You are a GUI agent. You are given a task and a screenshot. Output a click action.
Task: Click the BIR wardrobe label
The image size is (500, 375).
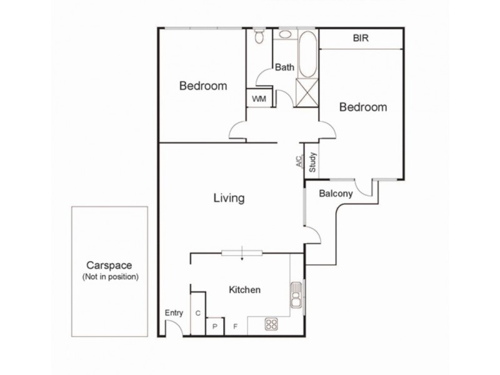361,38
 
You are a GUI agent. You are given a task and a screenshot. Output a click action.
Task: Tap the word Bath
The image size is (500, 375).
285,67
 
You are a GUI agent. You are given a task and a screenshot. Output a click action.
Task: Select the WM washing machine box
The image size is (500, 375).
258,99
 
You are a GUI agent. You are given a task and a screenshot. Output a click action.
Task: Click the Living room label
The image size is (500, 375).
228,199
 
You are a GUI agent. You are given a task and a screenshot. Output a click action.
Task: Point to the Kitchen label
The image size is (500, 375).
244,290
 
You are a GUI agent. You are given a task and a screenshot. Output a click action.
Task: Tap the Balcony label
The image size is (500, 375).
336,194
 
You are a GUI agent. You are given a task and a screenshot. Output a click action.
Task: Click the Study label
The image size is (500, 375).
313,162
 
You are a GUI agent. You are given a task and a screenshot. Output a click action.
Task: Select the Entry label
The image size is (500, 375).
174,313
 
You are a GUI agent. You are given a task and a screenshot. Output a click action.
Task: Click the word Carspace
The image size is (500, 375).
110,265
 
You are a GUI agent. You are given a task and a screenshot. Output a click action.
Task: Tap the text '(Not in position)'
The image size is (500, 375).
110,276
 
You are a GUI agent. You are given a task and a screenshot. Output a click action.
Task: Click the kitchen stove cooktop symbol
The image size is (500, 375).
272,324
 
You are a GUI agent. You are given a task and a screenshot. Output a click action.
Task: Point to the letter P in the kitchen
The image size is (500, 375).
215,326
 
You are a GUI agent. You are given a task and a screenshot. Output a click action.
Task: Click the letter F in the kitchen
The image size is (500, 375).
236,326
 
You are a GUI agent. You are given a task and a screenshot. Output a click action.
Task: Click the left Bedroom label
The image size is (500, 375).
203,86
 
